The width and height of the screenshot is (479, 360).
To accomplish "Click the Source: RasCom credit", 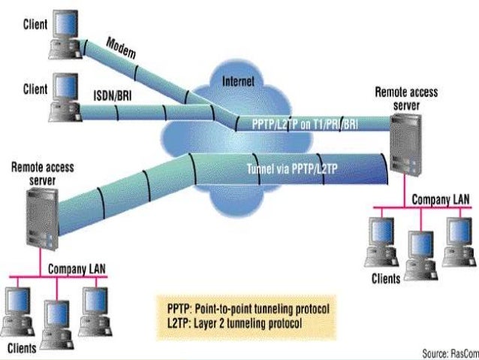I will coord(446,352).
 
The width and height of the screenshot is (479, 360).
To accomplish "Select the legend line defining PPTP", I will coord(248,309).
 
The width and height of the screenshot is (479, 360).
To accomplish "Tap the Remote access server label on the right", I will coord(406,98).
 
